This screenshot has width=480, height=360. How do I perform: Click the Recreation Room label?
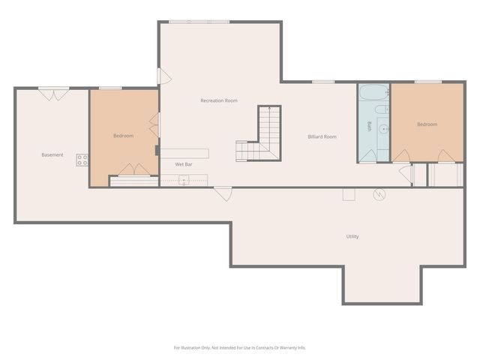pyautogui.click(x=219, y=100)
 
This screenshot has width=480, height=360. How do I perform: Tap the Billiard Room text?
pyautogui.click(x=322, y=137)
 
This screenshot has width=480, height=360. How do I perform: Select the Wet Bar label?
pyautogui.click(x=184, y=163)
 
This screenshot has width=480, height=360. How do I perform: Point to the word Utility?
pyautogui.click(x=352, y=236)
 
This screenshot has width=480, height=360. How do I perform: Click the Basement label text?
pyautogui.click(x=52, y=155)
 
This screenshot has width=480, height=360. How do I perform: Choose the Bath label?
pyautogui.click(x=369, y=127)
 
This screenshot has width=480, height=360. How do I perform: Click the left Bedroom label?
pyautogui.click(x=123, y=136)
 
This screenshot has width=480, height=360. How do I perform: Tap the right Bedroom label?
pyautogui.click(x=427, y=124)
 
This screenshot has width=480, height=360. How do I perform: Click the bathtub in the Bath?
pyautogui.click(x=371, y=94)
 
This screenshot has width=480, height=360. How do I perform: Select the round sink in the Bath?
pyautogui.click(x=383, y=129)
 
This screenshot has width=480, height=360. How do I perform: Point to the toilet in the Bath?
pyautogui.click(x=382, y=109)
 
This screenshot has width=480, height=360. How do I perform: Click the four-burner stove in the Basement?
pyautogui.click(x=82, y=160)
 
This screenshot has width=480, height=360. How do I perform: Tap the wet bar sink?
pyautogui.click(x=183, y=180)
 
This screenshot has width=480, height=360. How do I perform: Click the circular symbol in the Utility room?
pyautogui.click(x=380, y=195)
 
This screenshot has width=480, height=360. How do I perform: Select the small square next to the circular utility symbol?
pyautogui.click(x=349, y=195)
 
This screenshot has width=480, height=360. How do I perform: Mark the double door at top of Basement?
pyautogui.click(x=54, y=94)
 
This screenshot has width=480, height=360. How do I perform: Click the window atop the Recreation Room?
pyautogui.click(x=199, y=22)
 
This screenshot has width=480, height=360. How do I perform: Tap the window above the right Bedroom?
pyautogui.click(x=427, y=82)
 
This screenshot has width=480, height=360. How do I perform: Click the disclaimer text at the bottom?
pyautogui.click(x=240, y=347)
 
